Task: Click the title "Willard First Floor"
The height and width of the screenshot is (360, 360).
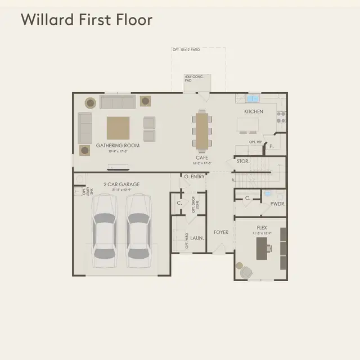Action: (87, 20)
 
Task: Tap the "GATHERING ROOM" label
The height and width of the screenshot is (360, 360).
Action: (118, 145)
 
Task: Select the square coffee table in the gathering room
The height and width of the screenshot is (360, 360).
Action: (118, 127)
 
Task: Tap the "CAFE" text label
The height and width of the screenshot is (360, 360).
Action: (202, 158)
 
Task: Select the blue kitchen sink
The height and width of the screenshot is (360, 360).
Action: (252, 100)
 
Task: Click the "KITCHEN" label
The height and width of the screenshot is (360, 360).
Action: (253, 112)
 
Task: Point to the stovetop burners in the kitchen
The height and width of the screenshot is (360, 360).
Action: (281, 116)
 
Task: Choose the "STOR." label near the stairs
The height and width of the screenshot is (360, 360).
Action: (242, 161)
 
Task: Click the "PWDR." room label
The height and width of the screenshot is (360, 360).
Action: (277, 204)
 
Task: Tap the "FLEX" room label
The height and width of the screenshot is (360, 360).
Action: (262, 228)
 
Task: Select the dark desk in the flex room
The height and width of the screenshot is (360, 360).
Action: (262, 248)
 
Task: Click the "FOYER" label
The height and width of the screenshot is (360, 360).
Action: (220, 232)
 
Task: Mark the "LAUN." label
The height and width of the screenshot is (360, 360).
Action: (197, 238)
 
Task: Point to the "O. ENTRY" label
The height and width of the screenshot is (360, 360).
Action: (195, 177)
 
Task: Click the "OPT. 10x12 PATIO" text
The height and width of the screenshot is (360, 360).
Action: (186, 50)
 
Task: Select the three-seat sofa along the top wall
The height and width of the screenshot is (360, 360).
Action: (117, 102)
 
